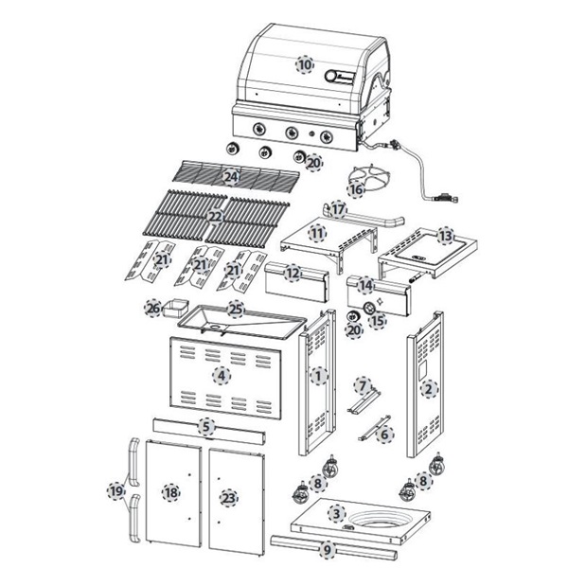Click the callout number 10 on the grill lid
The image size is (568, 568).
coord(304,64)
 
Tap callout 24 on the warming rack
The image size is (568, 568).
coord(230,177)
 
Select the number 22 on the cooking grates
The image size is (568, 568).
coord(215,217)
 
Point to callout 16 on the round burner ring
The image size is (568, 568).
coord(356,189)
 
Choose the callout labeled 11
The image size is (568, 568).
coord(318,233)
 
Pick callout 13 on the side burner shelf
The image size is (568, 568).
coord(445,233)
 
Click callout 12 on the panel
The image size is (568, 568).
coord(293,273)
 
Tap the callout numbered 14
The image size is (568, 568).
coord(365,285)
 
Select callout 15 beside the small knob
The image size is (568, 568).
coord(378,320)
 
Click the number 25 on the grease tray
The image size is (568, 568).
coord(236,310)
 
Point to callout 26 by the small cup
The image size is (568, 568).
coord(152,308)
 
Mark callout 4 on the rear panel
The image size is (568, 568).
coord(221,375)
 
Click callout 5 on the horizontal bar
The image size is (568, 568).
coord(206,427)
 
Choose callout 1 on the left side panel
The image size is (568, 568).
coord(318,377)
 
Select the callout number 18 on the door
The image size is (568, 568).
coord(170,492)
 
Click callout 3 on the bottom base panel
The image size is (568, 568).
coord(335,513)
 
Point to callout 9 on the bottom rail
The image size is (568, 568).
coord(328,548)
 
